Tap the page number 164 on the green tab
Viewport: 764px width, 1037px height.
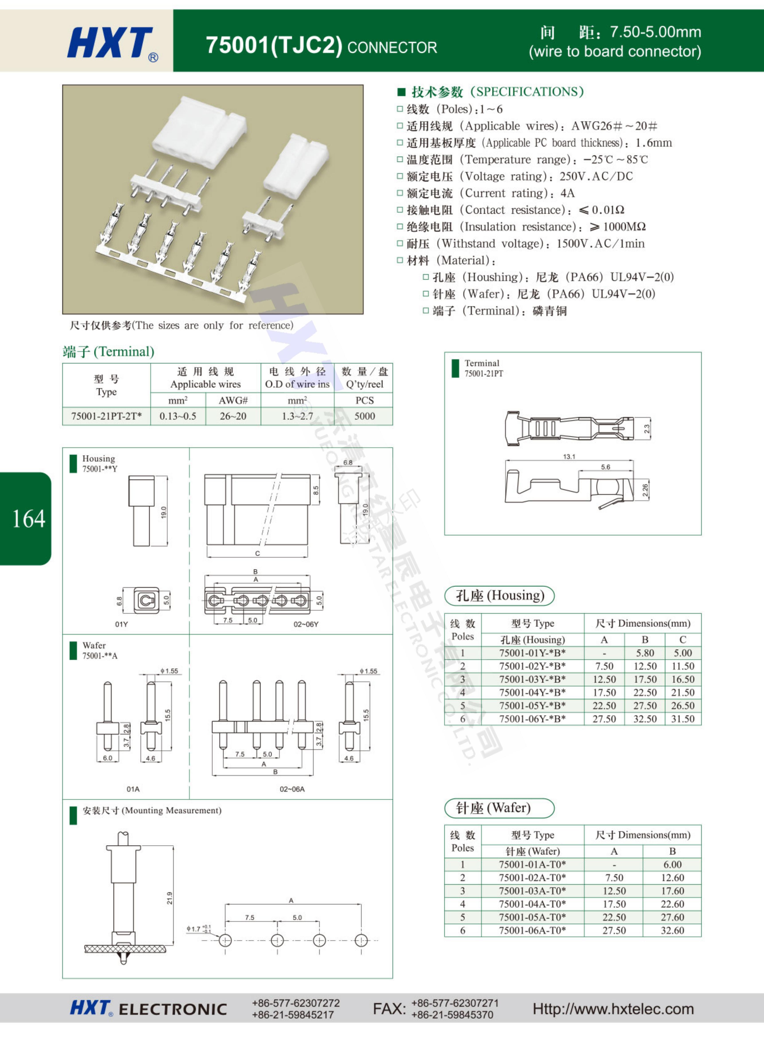point(29,519)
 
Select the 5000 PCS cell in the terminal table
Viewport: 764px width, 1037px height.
point(364,416)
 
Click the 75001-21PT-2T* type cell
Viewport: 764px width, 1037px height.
point(106,416)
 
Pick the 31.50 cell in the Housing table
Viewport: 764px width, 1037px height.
point(683,719)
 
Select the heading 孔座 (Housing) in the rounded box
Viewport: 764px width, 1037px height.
point(500,596)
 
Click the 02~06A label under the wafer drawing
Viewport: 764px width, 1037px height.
point(292,789)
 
